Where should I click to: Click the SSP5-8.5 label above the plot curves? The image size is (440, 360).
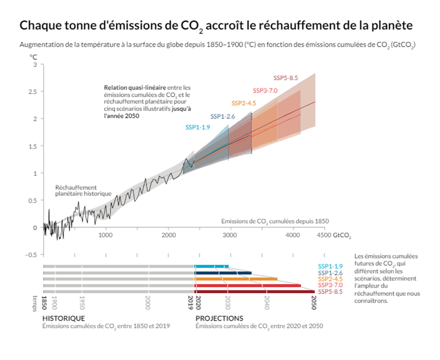click(286, 78)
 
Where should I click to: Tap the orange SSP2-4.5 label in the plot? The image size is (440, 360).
click(244, 103)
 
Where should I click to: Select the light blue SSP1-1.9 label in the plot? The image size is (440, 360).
click(198, 127)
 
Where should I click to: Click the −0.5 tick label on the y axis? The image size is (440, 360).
click(32, 254)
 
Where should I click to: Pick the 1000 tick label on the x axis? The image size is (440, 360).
click(105, 235)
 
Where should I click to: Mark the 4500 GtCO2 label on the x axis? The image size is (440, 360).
click(333, 235)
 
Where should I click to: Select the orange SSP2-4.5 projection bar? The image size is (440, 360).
click(236, 279)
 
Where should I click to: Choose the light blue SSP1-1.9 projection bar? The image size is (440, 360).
click(211, 266)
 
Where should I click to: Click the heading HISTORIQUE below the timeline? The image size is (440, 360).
click(64, 318)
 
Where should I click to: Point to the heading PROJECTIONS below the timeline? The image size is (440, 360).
click(219, 318)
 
